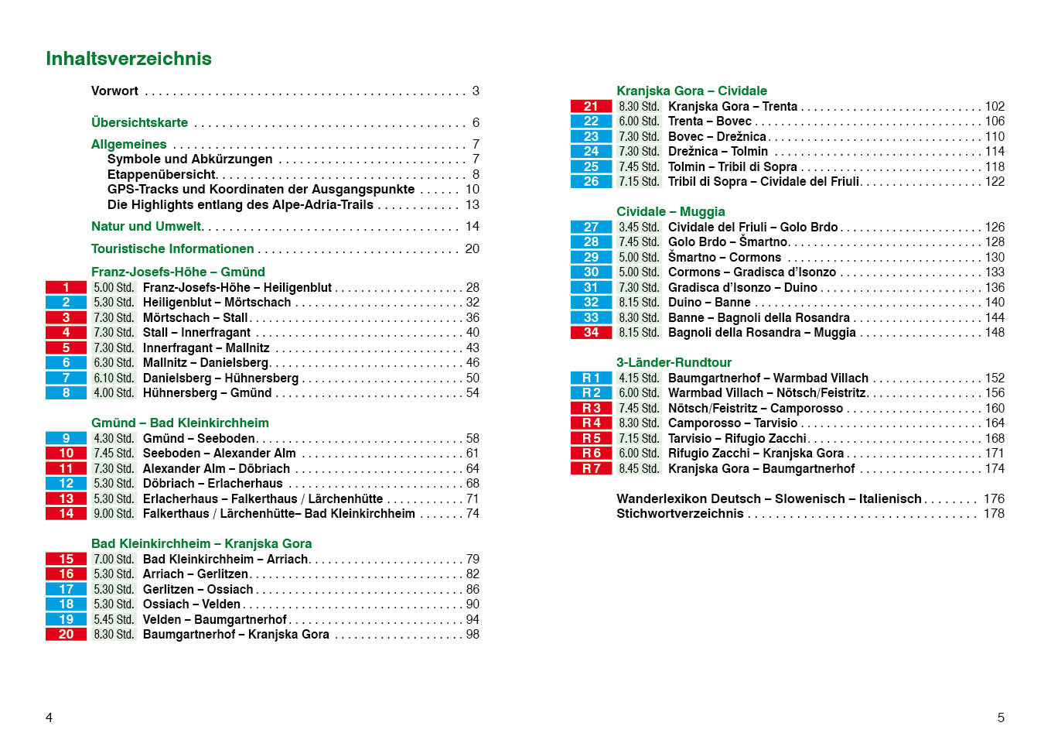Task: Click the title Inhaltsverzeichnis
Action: coord(128,59)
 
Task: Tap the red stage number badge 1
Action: coord(66,287)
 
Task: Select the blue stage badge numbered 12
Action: coord(66,484)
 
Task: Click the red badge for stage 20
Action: coord(66,635)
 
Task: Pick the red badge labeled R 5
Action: coord(591,439)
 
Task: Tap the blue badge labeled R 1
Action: coord(591,378)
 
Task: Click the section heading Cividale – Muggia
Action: coord(671,211)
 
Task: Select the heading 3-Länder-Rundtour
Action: coord(674,362)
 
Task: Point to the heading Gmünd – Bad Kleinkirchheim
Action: coord(180,423)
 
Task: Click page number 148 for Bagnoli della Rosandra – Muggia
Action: coord(995,333)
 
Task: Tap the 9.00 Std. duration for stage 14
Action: coord(114,514)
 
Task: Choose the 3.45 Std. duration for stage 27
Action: coord(639,228)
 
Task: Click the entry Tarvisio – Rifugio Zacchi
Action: coord(737,439)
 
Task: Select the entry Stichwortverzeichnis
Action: coord(680,514)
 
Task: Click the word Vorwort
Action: coord(114,91)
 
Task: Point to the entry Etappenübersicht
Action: coord(162,175)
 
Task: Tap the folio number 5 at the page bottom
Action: coord(1001,717)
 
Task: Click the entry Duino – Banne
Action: coord(709,303)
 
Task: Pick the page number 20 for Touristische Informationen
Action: coord(472,248)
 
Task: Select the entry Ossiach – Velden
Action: coord(192,604)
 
